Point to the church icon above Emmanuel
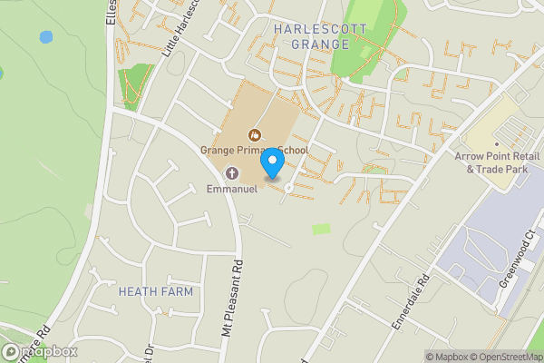point(232,173)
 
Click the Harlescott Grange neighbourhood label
point(320,36)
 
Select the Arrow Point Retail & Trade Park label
point(496,162)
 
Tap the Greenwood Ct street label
point(517,264)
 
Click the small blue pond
point(45,37)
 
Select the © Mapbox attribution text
point(448,357)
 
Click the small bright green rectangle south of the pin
point(321,230)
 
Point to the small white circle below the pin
point(289,188)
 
